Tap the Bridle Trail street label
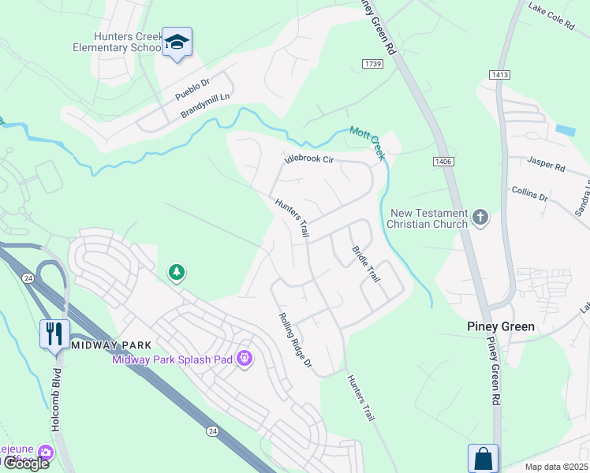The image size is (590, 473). click(x=366, y=263)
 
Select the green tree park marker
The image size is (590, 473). click(x=177, y=273)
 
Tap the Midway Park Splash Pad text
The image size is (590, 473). click(x=173, y=359)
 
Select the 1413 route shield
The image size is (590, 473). click(x=499, y=75)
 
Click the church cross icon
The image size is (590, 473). click(x=480, y=216)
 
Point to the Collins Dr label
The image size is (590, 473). click(x=529, y=193)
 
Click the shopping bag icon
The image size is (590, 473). click(x=483, y=458)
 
